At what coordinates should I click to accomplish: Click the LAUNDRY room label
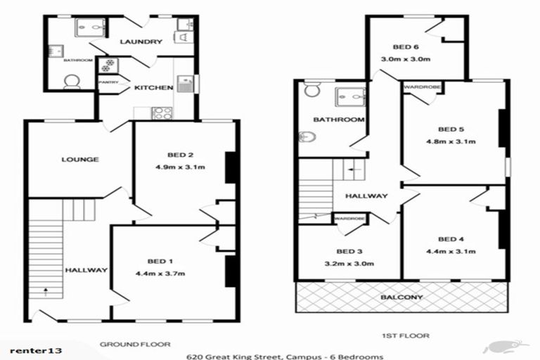pos(141,41)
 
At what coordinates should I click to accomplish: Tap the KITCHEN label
pos(153,88)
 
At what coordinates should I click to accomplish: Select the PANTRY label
pos(108,82)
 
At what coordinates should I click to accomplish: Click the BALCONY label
pos(401,297)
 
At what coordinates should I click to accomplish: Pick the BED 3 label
pos(349,251)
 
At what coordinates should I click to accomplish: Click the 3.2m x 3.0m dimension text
pos(349,264)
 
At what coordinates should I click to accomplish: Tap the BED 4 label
pos(451,238)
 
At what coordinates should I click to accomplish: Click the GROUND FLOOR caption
pos(135,345)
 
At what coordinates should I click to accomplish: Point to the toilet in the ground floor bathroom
pos(71,83)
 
